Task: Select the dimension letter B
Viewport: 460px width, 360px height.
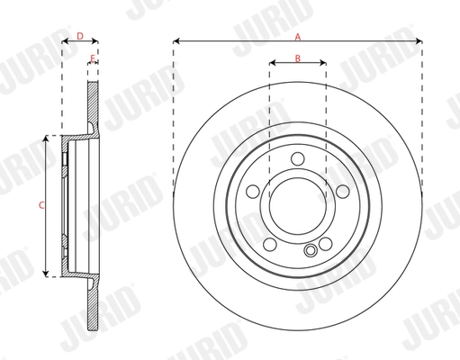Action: click(298, 59)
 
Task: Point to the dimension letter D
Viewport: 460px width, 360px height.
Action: click(79, 37)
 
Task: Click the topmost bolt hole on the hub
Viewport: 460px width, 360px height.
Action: click(298, 160)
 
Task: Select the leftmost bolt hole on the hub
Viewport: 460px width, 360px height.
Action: click(254, 193)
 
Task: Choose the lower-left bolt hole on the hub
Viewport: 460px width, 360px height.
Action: click(271, 243)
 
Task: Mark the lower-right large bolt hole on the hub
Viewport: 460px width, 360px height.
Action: click(325, 243)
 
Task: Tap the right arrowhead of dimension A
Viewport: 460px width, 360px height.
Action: click(420, 41)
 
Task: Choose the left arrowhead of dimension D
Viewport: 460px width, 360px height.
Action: click(64, 41)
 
